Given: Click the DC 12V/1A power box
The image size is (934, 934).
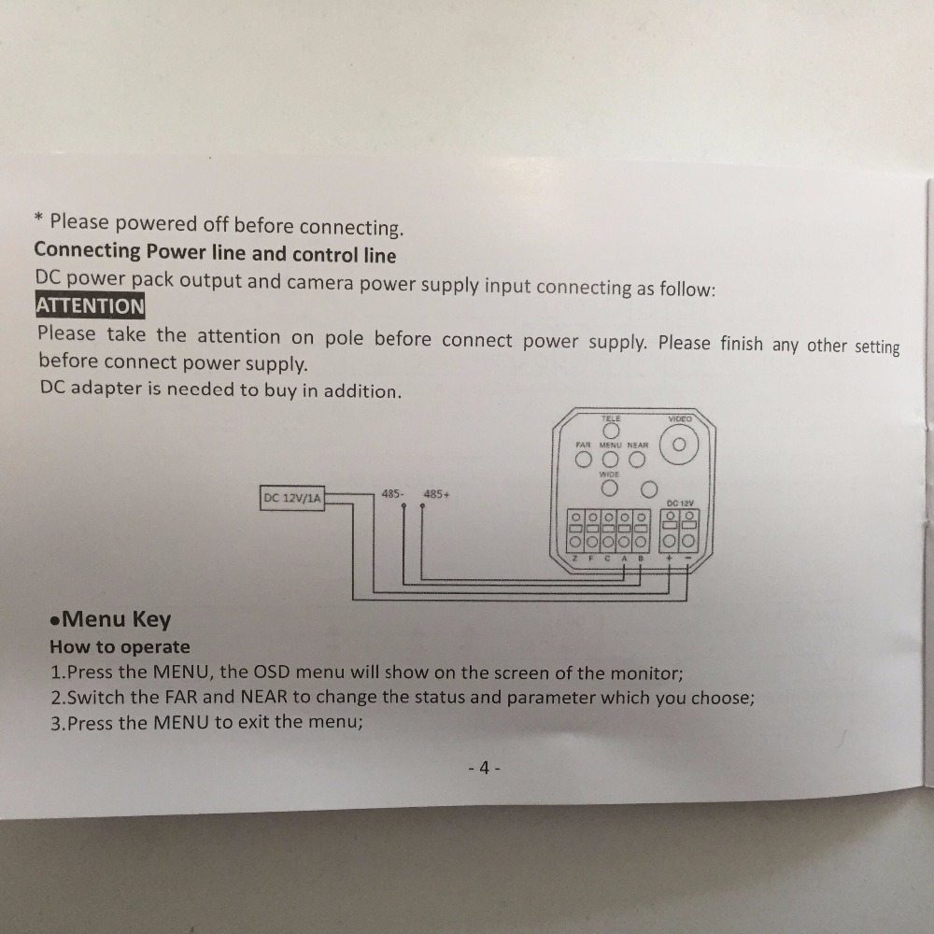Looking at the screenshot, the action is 292,498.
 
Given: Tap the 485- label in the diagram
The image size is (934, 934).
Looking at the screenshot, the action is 392,494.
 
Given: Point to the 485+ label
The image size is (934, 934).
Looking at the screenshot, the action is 436,494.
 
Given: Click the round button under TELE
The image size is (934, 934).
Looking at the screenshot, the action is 611,430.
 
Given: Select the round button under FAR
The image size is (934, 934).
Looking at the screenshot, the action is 584,460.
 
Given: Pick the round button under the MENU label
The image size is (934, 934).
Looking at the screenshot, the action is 611,460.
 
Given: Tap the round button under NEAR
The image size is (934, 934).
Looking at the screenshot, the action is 637,460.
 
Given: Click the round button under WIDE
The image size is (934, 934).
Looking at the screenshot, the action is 609,488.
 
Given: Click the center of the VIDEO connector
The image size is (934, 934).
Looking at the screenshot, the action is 678,445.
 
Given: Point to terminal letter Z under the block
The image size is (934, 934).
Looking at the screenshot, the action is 575,559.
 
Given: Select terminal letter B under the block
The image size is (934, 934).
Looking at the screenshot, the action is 641,559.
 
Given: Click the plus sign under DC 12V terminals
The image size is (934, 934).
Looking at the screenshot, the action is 669,559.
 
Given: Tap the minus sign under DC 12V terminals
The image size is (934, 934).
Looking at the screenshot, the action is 688,559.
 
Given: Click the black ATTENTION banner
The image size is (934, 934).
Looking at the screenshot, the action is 90,305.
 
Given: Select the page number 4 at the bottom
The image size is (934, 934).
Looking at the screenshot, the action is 484,768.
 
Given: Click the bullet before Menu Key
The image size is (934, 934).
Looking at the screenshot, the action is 55,621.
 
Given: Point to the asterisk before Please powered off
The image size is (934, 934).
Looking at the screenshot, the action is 38,219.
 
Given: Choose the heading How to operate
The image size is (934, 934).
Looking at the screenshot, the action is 120,647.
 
